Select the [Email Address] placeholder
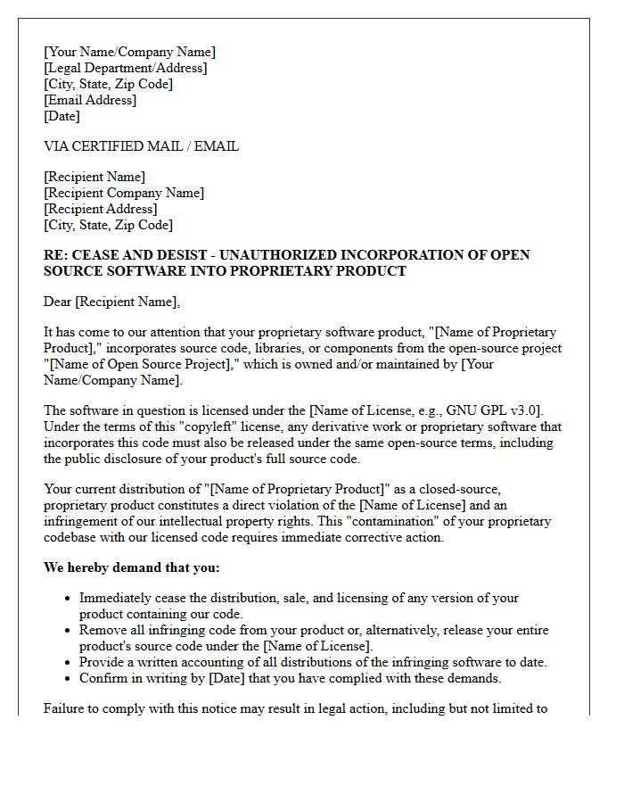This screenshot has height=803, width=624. (x=90, y=100)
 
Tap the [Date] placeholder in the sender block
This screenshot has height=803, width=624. (x=62, y=116)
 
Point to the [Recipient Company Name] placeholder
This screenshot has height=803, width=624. (x=124, y=193)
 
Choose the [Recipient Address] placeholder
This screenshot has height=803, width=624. (x=100, y=209)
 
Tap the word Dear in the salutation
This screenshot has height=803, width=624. (x=58, y=302)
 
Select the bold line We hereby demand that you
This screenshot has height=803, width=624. (x=131, y=567)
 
